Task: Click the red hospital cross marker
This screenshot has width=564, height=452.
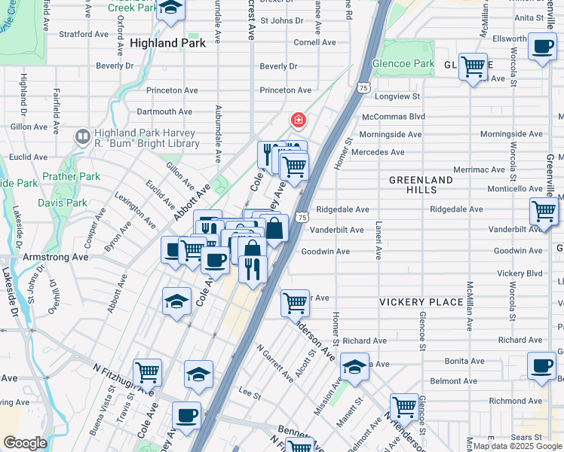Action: [x=299, y=120]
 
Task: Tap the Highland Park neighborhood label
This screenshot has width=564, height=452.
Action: [x=167, y=44]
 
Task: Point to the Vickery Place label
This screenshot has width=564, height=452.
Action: [x=421, y=302]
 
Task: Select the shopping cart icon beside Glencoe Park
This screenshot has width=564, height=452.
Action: [x=473, y=67]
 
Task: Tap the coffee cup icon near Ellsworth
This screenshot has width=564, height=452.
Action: [x=542, y=47]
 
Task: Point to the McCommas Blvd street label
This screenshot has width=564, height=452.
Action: [x=394, y=117]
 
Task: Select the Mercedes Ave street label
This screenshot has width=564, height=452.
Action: [x=378, y=152]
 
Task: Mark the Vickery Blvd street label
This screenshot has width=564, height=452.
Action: [x=520, y=273]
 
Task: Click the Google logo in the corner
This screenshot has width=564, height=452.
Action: [x=25, y=443]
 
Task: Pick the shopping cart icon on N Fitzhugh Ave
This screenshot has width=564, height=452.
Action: [x=147, y=371]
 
